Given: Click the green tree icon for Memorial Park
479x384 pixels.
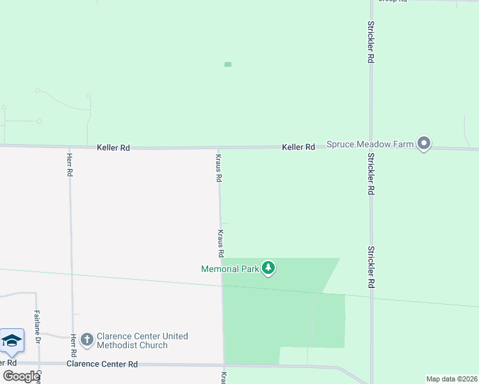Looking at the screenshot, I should (x=269, y=268).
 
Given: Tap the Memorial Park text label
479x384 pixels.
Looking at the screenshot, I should (x=230, y=269).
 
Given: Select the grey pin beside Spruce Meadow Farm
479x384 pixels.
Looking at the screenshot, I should (x=423, y=143).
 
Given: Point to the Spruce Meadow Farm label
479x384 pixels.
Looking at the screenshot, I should (x=370, y=144).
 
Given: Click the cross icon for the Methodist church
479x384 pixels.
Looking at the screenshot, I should (x=86, y=340).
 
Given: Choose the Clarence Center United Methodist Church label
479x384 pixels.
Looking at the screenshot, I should (x=142, y=340).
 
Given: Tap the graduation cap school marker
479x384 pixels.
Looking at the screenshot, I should (x=12, y=340).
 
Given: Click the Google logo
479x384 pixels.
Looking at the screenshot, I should (x=21, y=376).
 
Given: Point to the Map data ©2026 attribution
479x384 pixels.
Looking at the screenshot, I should (x=452, y=379).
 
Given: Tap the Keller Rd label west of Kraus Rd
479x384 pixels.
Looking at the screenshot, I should (x=113, y=147).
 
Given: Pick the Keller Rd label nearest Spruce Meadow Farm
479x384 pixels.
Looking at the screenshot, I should (x=298, y=147).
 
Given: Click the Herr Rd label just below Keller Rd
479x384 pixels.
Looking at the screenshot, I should (x=69, y=164).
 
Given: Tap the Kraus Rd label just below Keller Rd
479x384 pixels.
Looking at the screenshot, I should (x=218, y=167).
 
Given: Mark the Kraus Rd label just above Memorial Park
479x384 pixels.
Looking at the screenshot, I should (x=220, y=243).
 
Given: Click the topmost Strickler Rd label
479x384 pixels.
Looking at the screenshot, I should (x=371, y=42).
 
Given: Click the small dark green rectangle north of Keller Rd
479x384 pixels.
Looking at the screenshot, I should (x=227, y=64).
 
